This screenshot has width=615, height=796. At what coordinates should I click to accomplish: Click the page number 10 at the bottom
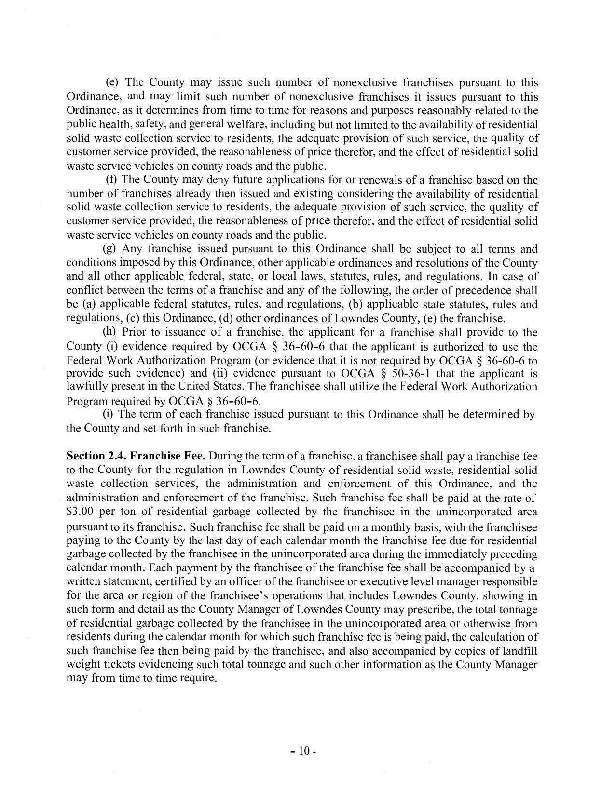pyautogui.click(x=303, y=751)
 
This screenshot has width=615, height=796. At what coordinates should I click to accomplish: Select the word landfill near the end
pyautogui.click(x=521, y=651)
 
